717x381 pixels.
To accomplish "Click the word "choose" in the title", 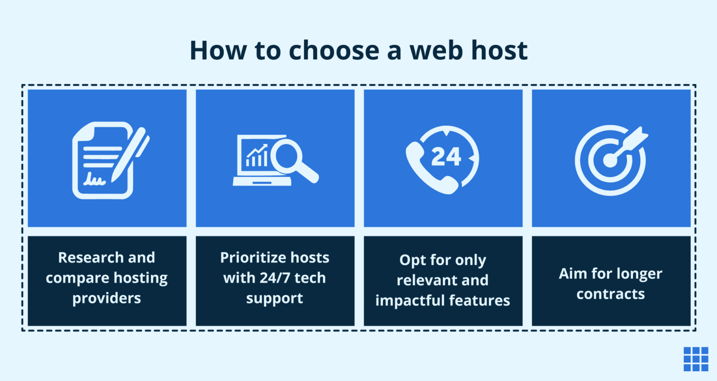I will pyautogui.click(x=334, y=50).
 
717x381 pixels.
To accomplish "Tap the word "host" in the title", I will pyautogui.click(x=499, y=50).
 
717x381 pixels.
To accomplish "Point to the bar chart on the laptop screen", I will pyautogui.click(x=257, y=156).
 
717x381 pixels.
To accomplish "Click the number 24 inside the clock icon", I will pyautogui.click(x=446, y=157).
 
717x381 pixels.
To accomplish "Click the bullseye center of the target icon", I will pyautogui.click(x=610, y=160).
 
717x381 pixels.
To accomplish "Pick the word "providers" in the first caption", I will pyautogui.click(x=106, y=298).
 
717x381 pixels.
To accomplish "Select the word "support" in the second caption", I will pyautogui.click(x=274, y=298).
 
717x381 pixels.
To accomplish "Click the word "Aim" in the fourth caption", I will pyautogui.click(x=573, y=273).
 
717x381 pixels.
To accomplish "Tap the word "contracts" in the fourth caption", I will pyautogui.click(x=611, y=294).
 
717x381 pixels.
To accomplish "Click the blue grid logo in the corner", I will pyautogui.click(x=696, y=359).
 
